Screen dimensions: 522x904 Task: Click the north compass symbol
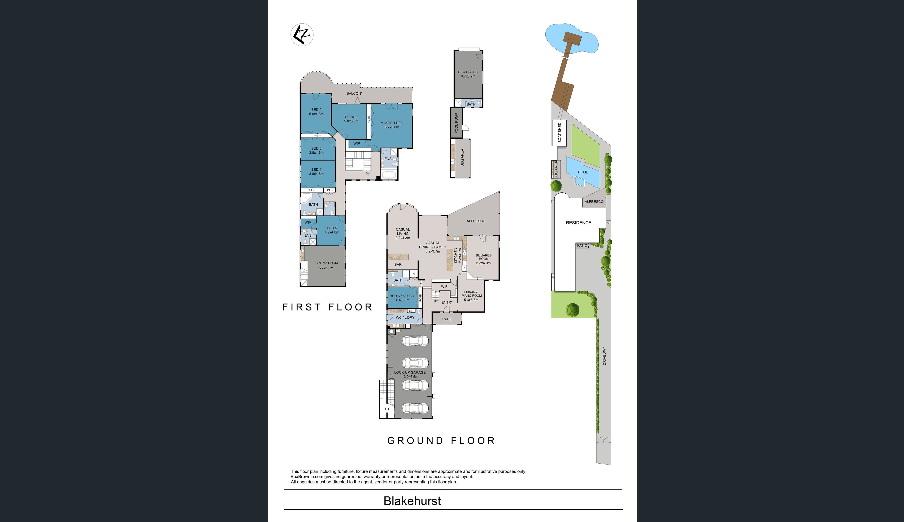pyautogui.click(x=302, y=35)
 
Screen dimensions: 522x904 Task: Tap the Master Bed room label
pyautogui.click(x=392, y=125)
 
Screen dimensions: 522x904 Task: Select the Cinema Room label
pyautogui.click(x=326, y=265)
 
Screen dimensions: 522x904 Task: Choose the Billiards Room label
pyautogui.click(x=483, y=259)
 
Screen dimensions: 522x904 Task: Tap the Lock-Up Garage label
pyautogui.click(x=410, y=374)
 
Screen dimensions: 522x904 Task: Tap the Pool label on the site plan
pyautogui.click(x=583, y=172)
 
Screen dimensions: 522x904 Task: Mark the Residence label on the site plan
pyautogui.click(x=578, y=223)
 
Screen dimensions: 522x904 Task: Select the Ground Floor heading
pyautogui.click(x=441, y=441)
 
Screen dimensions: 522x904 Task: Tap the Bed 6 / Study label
pyautogui.click(x=402, y=298)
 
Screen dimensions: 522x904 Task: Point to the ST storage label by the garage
pyautogui.click(x=387, y=409)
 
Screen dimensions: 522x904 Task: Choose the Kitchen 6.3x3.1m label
pyautogui.click(x=458, y=255)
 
